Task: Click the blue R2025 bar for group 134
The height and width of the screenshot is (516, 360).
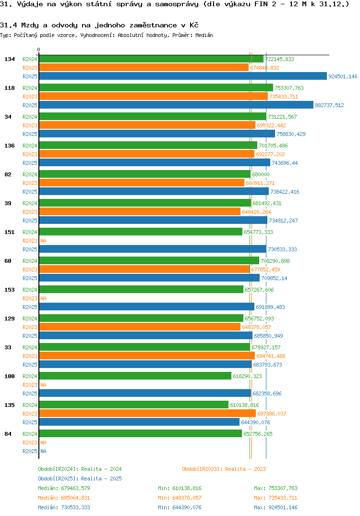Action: pyautogui.click(x=182, y=76)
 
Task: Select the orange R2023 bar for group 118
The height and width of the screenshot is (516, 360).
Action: pyautogui.click(x=153, y=97)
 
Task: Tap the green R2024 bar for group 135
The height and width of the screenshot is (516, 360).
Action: pyautogui.click(x=133, y=405)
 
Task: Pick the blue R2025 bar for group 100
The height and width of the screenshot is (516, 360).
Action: pyautogui.click(x=145, y=393)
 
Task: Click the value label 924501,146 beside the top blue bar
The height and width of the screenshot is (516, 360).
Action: pyautogui.click(x=343, y=76)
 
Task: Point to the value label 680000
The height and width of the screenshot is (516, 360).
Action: pyautogui.click(x=261, y=174)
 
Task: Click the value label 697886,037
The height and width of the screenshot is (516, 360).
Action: pyautogui.click(x=272, y=414)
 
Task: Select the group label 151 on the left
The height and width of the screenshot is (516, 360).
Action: pyautogui.click(x=9, y=232)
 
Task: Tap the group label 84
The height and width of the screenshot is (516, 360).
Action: pyautogui.click(x=8, y=434)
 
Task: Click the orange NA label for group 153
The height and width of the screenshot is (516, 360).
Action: pyautogui.click(x=43, y=298)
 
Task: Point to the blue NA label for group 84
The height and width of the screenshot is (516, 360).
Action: pyautogui.click(x=43, y=451)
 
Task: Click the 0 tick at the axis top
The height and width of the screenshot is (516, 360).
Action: pyautogui.click(x=39, y=49)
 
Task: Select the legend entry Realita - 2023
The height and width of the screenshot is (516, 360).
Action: pyautogui.click(x=224, y=469)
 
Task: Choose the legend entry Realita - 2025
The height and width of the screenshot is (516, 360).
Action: pyautogui.click(x=80, y=479)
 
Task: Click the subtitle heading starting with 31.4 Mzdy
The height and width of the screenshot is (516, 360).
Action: pyautogui.click(x=99, y=25)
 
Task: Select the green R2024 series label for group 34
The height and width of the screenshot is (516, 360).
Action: pyautogui.click(x=30, y=117)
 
